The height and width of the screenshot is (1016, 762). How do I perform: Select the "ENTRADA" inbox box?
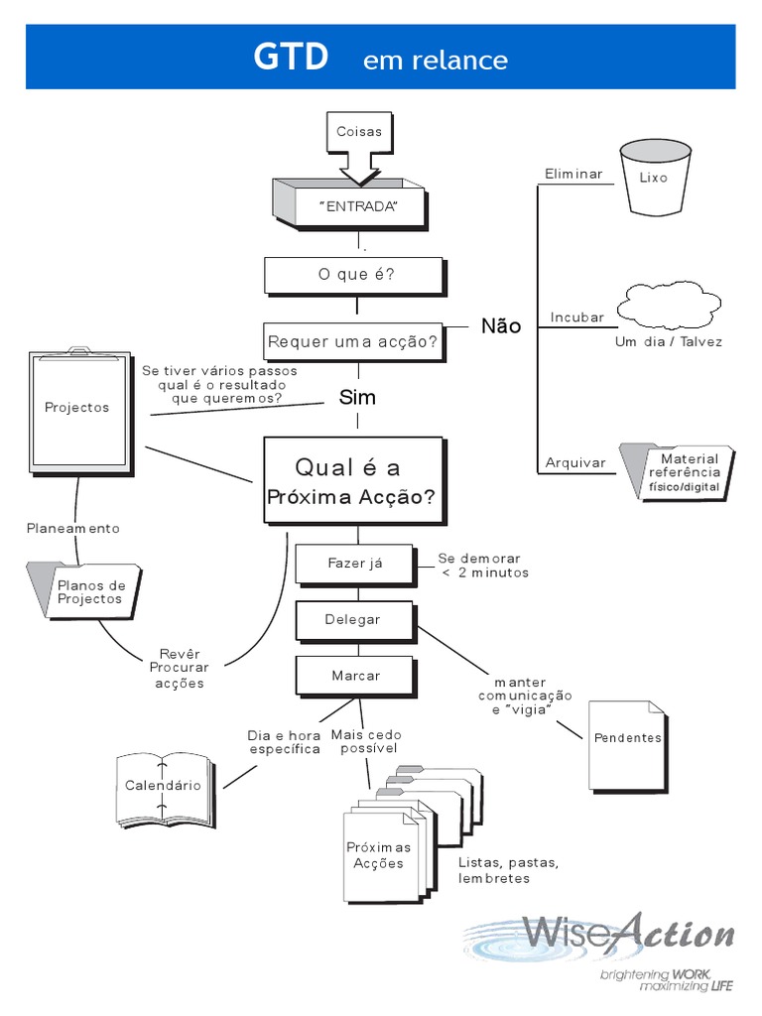tap(357, 206)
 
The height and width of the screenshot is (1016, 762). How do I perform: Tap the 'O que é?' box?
tap(355, 275)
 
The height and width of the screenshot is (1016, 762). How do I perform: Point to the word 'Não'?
tap(500, 326)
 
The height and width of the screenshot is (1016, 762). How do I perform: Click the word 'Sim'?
tap(357, 397)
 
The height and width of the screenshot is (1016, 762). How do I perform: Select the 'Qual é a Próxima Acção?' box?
tap(352, 481)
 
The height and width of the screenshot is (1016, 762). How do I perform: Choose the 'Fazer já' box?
tap(354, 564)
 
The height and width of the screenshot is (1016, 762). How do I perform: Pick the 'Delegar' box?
tap(352, 620)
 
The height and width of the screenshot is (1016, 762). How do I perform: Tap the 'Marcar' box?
tap(355, 676)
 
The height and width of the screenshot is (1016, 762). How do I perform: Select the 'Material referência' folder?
tap(679, 472)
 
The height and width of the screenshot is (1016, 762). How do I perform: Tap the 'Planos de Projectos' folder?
tap(86, 592)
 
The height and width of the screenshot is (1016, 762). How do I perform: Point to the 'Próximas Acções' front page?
tap(378, 855)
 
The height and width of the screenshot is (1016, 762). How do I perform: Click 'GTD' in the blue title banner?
tap(290, 58)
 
